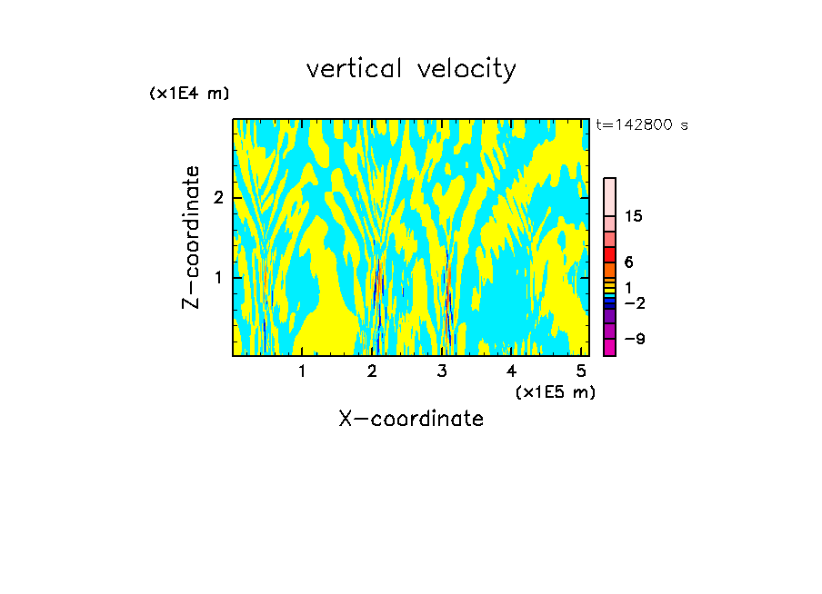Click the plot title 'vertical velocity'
coord(411,69)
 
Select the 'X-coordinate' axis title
coord(411,419)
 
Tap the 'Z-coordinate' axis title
coord(192,237)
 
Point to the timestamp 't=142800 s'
coord(642,125)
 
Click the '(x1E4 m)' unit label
coord(189,94)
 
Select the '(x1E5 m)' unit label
coord(555,391)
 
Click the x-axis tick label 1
coord(302,371)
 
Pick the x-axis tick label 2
coord(372,371)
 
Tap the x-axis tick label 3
coord(442,371)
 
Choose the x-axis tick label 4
coord(512,371)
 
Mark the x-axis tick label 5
coord(581,371)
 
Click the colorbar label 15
coord(634,216)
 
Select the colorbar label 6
coord(628,262)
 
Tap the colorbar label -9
coord(634,339)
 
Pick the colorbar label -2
coord(634,303)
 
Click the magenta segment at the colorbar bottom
coord(609,347)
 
